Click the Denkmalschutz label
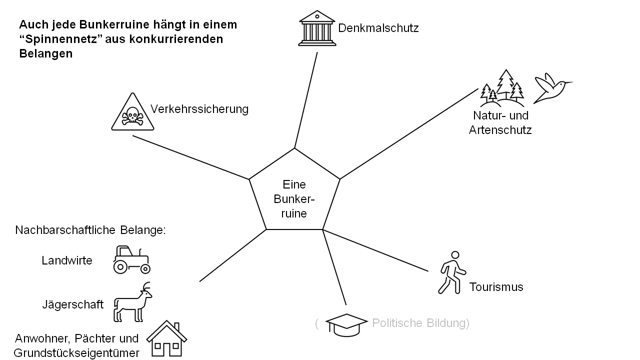378,28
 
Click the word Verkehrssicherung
199,109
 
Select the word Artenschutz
500,130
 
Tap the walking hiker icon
451,272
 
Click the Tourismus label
496,287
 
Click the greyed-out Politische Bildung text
420,323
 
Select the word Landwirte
67,260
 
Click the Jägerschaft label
73,304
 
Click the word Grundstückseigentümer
76,353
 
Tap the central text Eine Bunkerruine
294,199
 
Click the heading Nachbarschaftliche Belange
90,230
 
